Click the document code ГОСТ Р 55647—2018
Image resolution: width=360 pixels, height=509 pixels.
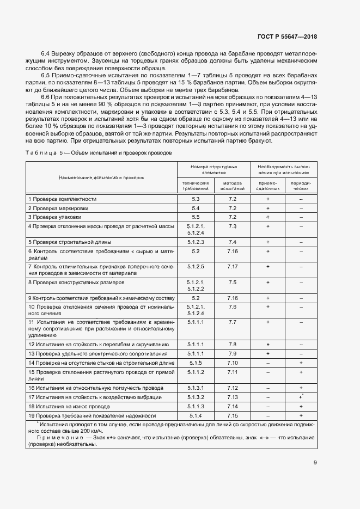286,36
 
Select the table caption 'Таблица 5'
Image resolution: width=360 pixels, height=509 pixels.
45,153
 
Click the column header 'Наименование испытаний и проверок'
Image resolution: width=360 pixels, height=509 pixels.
102,177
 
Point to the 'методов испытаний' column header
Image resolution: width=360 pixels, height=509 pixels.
232,186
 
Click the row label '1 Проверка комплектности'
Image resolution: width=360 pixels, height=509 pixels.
62,199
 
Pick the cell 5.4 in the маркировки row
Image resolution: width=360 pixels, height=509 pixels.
196,208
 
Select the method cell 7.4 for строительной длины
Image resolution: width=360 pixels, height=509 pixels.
233,242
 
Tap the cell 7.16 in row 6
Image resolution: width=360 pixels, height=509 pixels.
233,251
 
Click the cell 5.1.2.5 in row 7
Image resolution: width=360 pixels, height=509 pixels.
196,266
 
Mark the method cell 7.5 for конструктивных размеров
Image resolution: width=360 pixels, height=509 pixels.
233,282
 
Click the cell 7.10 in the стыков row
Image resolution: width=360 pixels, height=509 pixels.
233,363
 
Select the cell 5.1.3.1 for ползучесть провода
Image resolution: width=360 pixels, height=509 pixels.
196,388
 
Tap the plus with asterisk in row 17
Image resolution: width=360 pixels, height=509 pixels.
301,397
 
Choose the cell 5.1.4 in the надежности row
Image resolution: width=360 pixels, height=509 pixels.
196,415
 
